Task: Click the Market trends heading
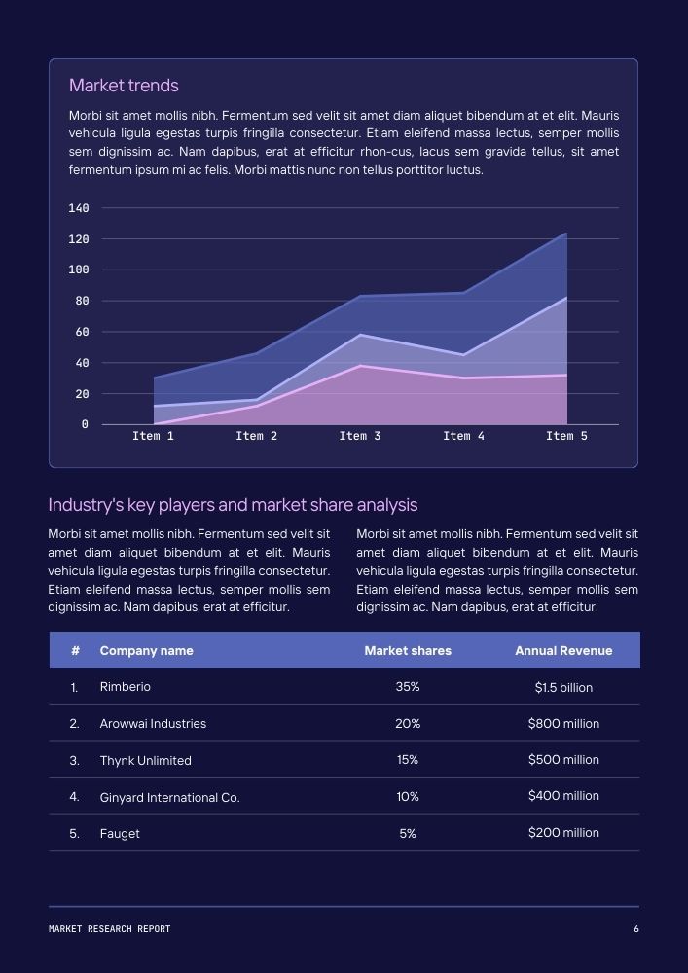click(124, 86)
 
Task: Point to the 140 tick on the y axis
click(79, 208)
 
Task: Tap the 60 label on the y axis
click(82, 332)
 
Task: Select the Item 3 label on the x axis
click(360, 436)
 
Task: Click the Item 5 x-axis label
click(566, 436)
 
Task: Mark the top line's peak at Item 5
click(566, 234)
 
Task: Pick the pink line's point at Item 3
click(360, 366)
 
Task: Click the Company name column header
click(146, 651)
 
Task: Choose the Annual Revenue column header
click(563, 651)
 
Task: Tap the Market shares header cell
click(408, 651)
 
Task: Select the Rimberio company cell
click(125, 687)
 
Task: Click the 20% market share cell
click(408, 724)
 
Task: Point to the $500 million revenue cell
click(563, 760)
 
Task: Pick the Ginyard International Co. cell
click(169, 798)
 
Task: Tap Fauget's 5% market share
click(408, 834)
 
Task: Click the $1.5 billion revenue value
click(563, 688)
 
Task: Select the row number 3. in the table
click(74, 761)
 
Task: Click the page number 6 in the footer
click(636, 929)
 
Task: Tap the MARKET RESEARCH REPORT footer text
click(109, 929)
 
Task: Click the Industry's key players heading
click(233, 505)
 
